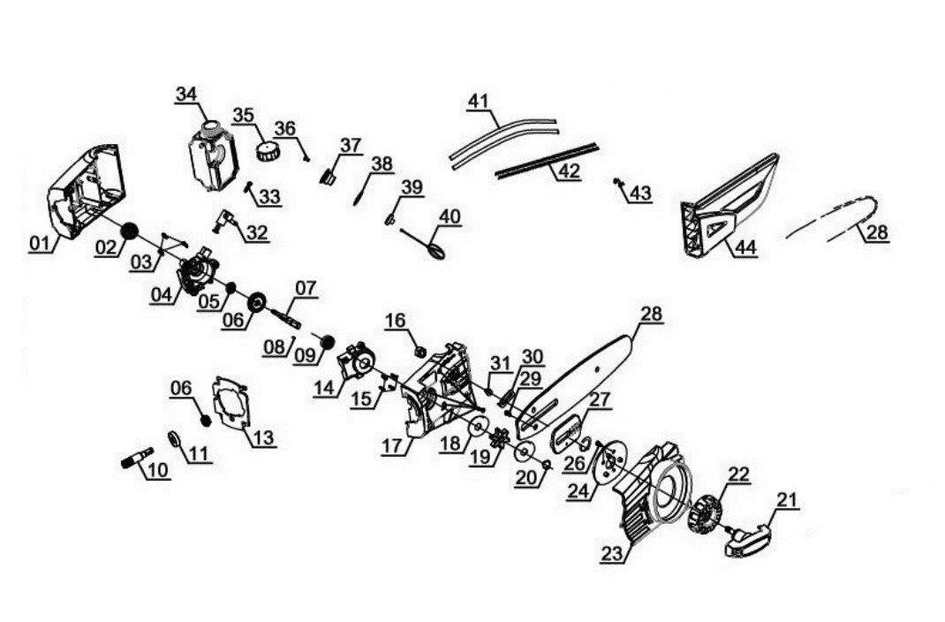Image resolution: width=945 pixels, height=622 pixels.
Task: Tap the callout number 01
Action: tap(40, 244)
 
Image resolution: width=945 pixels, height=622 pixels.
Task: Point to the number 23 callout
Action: tap(612, 554)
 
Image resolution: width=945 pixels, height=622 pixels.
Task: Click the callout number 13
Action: tap(264, 436)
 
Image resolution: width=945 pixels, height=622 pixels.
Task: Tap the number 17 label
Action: tap(393, 447)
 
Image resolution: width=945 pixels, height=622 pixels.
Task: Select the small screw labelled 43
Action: tap(618, 183)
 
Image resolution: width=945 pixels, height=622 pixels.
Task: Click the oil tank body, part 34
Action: tap(211, 155)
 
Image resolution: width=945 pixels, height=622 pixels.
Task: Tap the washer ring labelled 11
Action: tap(174, 439)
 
